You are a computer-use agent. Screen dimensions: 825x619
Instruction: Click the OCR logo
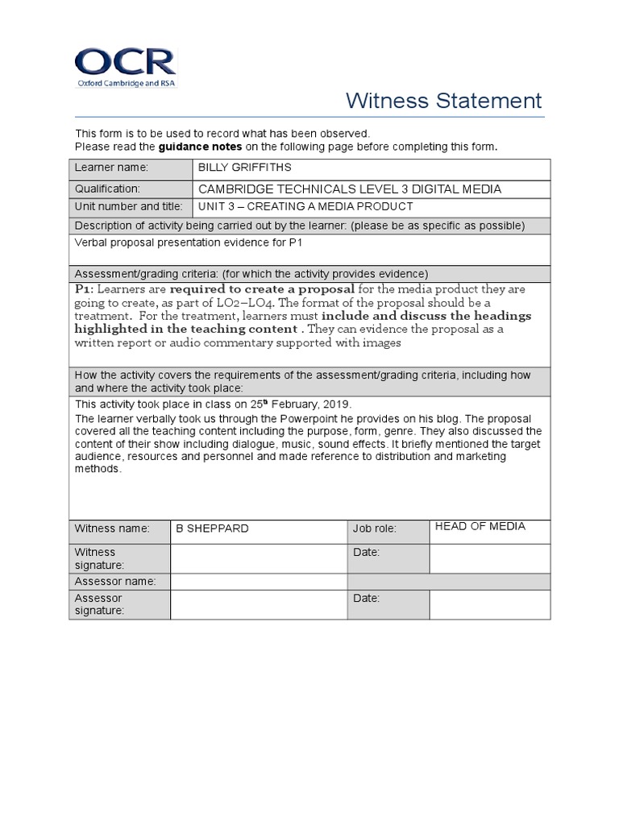pyautogui.click(x=124, y=68)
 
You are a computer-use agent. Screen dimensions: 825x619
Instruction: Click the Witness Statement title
pyautogui.click(x=443, y=101)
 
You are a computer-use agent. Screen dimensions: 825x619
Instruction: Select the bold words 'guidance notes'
pyautogui.click(x=200, y=147)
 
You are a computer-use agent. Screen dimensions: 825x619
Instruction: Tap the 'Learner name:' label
pyautogui.click(x=112, y=168)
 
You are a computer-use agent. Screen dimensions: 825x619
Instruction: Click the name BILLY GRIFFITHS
pyautogui.click(x=244, y=168)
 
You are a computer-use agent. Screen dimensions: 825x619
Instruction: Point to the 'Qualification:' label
pyautogui.click(x=107, y=189)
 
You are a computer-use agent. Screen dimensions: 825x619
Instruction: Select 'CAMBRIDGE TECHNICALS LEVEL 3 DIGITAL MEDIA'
pyautogui.click(x=349, y=189)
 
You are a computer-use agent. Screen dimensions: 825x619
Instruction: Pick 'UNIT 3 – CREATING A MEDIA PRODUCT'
pyautogui.click(x=305, y=207)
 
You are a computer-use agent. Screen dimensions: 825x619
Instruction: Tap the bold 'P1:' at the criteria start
pyautogui.click(x=85, y=289)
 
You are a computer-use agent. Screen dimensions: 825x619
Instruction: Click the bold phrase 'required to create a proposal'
pyautogui.click(x=262, y=289)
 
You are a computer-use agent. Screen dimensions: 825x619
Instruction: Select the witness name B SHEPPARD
pyautogui.click(x=212, y=529)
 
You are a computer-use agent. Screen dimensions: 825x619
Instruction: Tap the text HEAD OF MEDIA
pyautogui.click(x=480, y=526)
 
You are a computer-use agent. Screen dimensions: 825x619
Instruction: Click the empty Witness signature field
pyautogui.click(x=258, y=558)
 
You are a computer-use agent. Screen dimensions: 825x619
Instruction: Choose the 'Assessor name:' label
pyautogui.click(x=115, y=581)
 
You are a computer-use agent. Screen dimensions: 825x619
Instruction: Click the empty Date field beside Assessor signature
pyautogui.click(x=489, y=604)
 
